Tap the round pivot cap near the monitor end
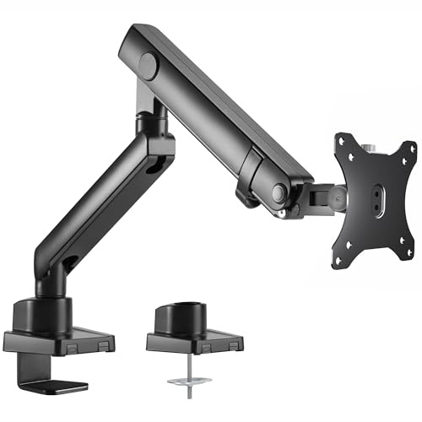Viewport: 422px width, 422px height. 277,190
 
